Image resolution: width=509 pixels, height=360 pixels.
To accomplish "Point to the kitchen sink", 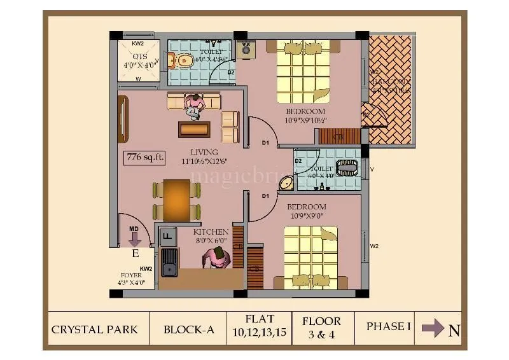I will tap(169, 263).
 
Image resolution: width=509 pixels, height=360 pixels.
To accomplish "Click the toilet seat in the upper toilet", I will tap(184, 61).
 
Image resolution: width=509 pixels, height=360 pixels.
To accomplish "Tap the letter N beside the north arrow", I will tap(454, 330).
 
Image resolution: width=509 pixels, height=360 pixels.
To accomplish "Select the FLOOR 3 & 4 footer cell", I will tap(321, 328).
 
